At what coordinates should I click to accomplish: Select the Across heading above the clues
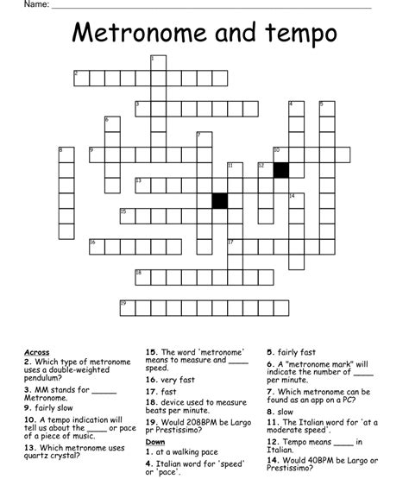pyautogui.click(x=37, y=352)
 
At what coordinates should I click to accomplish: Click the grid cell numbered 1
pyautogui.click(x=156, y=62)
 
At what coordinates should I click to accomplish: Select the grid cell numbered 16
pyautogui.click(x=94, y=247)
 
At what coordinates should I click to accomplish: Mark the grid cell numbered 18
pyautogui.click(x=140, y=277)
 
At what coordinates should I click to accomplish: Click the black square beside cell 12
pyautogui.click(x=280, y=170)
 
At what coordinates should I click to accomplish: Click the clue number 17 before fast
pyautogui.click(x=151, y=391)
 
